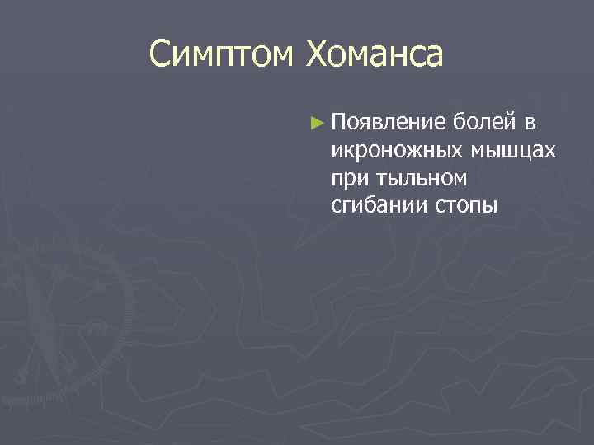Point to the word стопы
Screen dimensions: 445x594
(x=466, y=204)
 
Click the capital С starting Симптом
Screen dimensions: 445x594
(x=160, y=55)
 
